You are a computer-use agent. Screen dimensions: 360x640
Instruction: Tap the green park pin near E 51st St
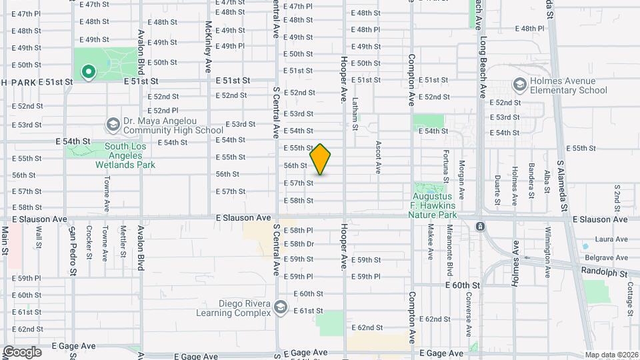pos(87,71)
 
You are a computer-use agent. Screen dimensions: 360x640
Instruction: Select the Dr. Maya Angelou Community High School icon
pos(113,125)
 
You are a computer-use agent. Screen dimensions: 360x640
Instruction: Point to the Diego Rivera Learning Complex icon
pos(281,307)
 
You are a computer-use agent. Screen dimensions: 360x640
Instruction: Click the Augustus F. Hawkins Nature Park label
pos(433,205)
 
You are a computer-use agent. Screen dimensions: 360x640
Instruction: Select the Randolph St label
pos(604,273)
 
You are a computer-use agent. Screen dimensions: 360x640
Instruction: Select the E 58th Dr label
pos(298,244)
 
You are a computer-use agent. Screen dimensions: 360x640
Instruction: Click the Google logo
pos(21,352)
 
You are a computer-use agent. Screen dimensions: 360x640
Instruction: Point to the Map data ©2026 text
pos(611,355)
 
